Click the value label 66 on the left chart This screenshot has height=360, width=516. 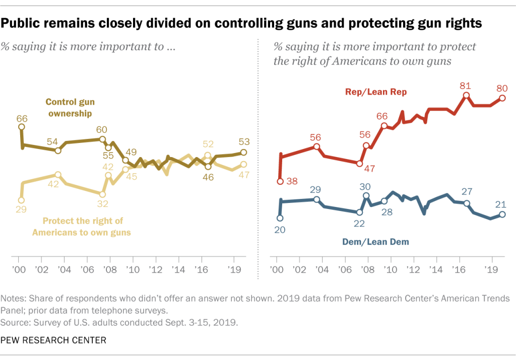(x=21, y=118)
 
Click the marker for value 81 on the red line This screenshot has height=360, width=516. (x=466, y=95)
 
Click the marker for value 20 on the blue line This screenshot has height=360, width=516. (x=280, y=218)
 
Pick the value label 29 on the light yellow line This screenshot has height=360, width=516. (x=21, y=209)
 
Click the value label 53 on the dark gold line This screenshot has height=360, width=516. (x=243, y=141)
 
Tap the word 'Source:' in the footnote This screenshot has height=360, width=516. (x=17, y=320)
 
